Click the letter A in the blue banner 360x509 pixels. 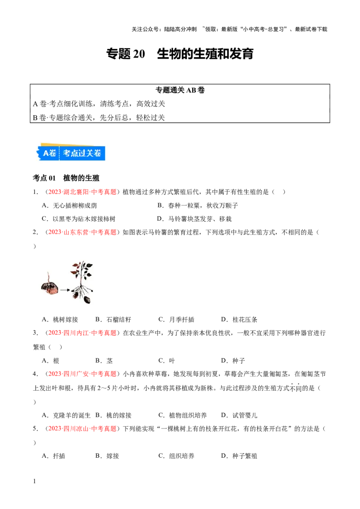tap(45, 153)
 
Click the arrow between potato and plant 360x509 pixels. tap(64, 290)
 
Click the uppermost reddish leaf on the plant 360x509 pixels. tap(80, 265)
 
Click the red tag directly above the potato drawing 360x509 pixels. tap(82, 232)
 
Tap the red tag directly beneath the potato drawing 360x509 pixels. tap(82, 333)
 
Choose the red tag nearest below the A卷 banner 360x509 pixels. tap(82, 192)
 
